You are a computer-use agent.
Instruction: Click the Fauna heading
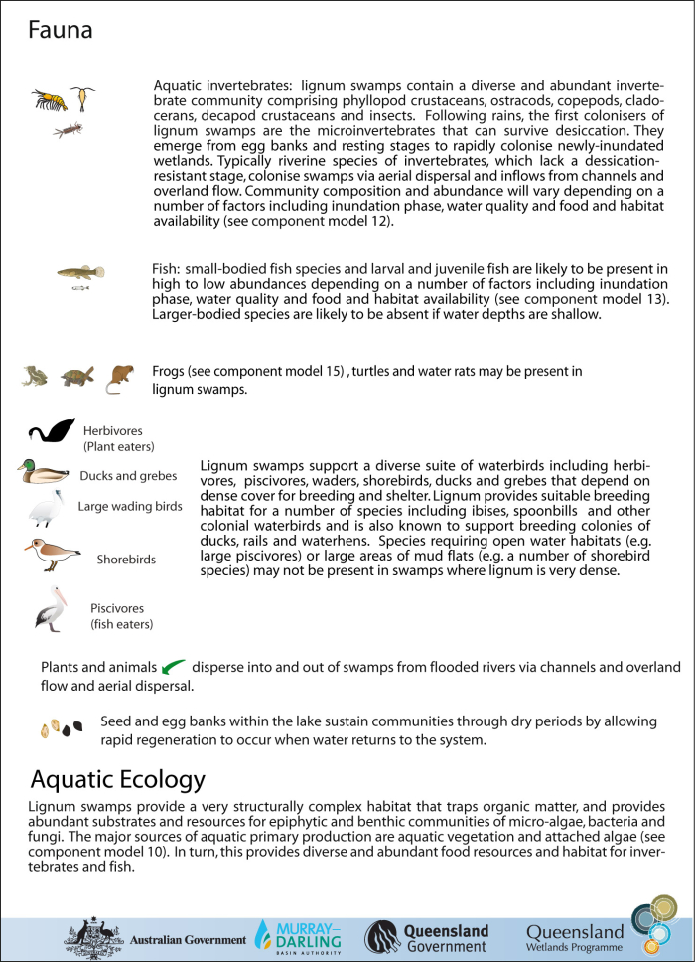point(61,31)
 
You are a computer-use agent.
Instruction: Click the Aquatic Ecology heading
point(118,778)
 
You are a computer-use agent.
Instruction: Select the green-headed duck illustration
point(42,471)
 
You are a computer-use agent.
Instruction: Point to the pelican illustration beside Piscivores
point(48,608)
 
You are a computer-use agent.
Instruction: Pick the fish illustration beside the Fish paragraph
point(80,272)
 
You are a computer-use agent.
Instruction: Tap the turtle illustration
point(74,377)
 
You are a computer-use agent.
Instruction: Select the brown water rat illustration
point(118,377)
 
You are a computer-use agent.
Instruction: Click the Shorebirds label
point(126,560)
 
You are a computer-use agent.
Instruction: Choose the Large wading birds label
point(130,506)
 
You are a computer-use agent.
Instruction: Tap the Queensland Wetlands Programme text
point(576,939)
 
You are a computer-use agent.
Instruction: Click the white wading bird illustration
point(46,509)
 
